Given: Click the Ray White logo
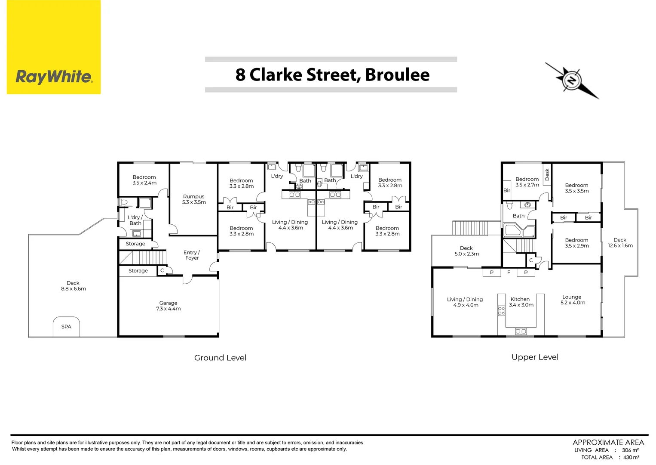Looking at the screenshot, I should [54, 77].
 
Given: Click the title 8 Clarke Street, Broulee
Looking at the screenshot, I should [332, 75].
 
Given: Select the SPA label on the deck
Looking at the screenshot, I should [66, 327].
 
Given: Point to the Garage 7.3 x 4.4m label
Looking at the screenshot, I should [168, 306].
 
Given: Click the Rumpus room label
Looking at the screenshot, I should [194, 199].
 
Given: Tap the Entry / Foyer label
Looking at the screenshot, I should [192, 255].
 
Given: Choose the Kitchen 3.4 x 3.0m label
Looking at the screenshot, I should [521, 302].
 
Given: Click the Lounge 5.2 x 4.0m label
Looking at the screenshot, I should [572, 300].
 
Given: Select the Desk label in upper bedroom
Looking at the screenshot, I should [547, 174].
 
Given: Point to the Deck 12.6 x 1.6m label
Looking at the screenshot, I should [620, 242].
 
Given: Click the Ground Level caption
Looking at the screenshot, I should [220, 358].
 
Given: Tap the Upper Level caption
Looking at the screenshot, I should [535, 357].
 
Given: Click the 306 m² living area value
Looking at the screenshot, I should [630, 450].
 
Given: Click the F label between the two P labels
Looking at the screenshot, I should [509, 273].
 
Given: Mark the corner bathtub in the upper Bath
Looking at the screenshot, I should [512, 230].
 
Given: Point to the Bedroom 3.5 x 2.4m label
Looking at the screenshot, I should [144, 180].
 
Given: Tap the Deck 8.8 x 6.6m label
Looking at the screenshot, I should [73, 286].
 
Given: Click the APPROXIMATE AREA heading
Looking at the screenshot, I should [608, 442].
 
